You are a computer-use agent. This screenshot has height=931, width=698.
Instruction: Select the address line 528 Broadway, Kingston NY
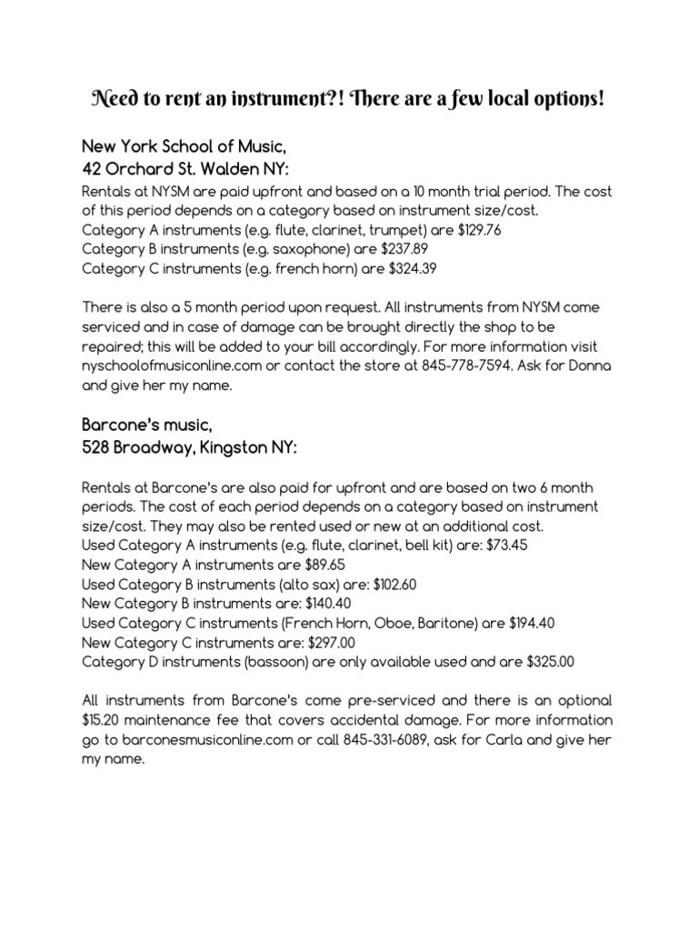(x=188, y=447)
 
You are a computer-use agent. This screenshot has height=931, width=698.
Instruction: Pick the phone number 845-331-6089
(x=388, y=739)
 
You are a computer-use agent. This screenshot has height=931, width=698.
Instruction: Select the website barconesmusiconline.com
(x=194, y=739)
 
